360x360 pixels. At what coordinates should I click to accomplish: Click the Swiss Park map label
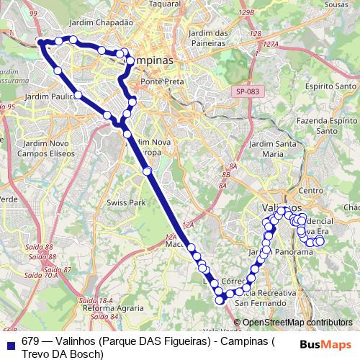126,203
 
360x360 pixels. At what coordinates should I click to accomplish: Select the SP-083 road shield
246,92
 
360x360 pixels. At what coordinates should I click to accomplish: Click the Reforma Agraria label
110,308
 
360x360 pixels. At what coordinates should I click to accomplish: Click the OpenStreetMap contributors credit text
298,323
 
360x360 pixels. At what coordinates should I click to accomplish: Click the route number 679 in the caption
30,341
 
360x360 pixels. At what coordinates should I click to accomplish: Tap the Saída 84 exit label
104,317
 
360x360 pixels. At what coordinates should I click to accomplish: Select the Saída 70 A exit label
42,275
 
